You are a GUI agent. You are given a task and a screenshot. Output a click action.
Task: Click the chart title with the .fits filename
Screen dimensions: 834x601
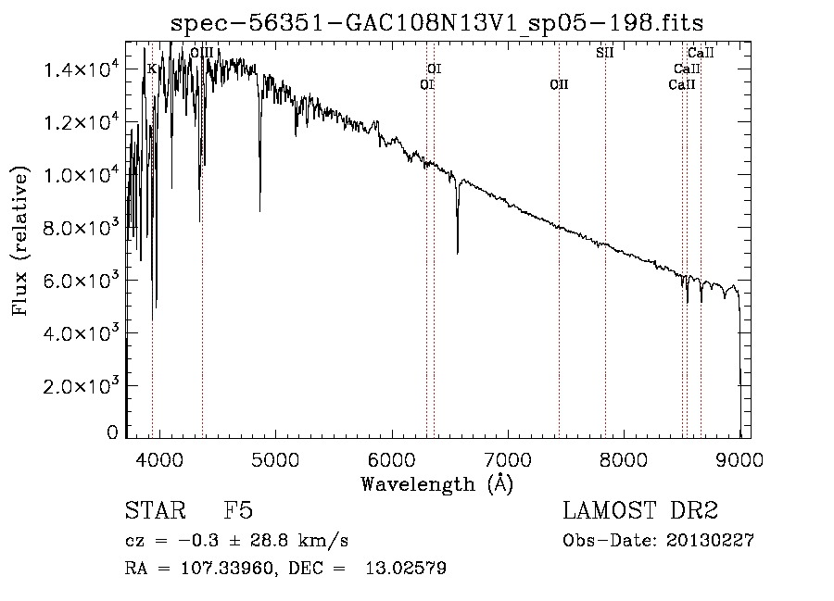point(436,23)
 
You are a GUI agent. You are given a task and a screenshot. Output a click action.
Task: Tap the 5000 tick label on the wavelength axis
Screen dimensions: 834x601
point(275,459)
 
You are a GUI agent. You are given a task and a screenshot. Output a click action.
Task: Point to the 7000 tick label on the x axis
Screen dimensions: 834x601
point(508,459)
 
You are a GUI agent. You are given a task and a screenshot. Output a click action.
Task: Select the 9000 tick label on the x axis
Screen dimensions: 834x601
point(739,459)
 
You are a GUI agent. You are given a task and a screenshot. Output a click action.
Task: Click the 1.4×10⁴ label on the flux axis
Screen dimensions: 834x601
point(82,69)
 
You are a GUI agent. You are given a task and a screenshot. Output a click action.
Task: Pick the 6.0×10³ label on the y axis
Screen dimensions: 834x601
point(82,280)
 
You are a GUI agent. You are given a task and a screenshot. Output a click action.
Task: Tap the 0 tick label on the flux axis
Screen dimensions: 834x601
point(112,432)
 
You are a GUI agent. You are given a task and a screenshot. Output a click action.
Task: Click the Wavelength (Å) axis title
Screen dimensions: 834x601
point(437,484)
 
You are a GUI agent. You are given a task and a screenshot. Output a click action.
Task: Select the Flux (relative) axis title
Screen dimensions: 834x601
point(19,241)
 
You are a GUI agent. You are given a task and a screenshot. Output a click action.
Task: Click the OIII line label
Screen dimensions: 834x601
point(202,53)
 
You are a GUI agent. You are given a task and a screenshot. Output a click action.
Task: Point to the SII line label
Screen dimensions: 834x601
point(605,53)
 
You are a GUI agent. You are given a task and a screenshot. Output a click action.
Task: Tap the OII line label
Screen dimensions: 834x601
point(559,84)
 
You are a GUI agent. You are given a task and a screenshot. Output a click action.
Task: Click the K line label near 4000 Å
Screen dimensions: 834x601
point(152,69)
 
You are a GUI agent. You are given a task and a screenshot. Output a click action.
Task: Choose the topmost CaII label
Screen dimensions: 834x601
point(701,53)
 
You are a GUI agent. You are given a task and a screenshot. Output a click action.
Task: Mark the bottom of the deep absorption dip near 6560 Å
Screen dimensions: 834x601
point(458,254)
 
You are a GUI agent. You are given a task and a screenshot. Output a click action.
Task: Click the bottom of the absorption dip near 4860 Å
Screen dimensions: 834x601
point(259,211)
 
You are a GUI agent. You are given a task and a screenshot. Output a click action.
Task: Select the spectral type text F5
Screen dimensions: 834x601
point(238,510)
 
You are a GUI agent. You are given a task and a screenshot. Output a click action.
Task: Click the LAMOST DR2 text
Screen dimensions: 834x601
point(640,510)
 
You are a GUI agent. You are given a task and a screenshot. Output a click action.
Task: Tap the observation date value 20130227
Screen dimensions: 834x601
point(710,541)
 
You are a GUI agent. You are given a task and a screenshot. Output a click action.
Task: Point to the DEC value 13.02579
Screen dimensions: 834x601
point(406,568)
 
